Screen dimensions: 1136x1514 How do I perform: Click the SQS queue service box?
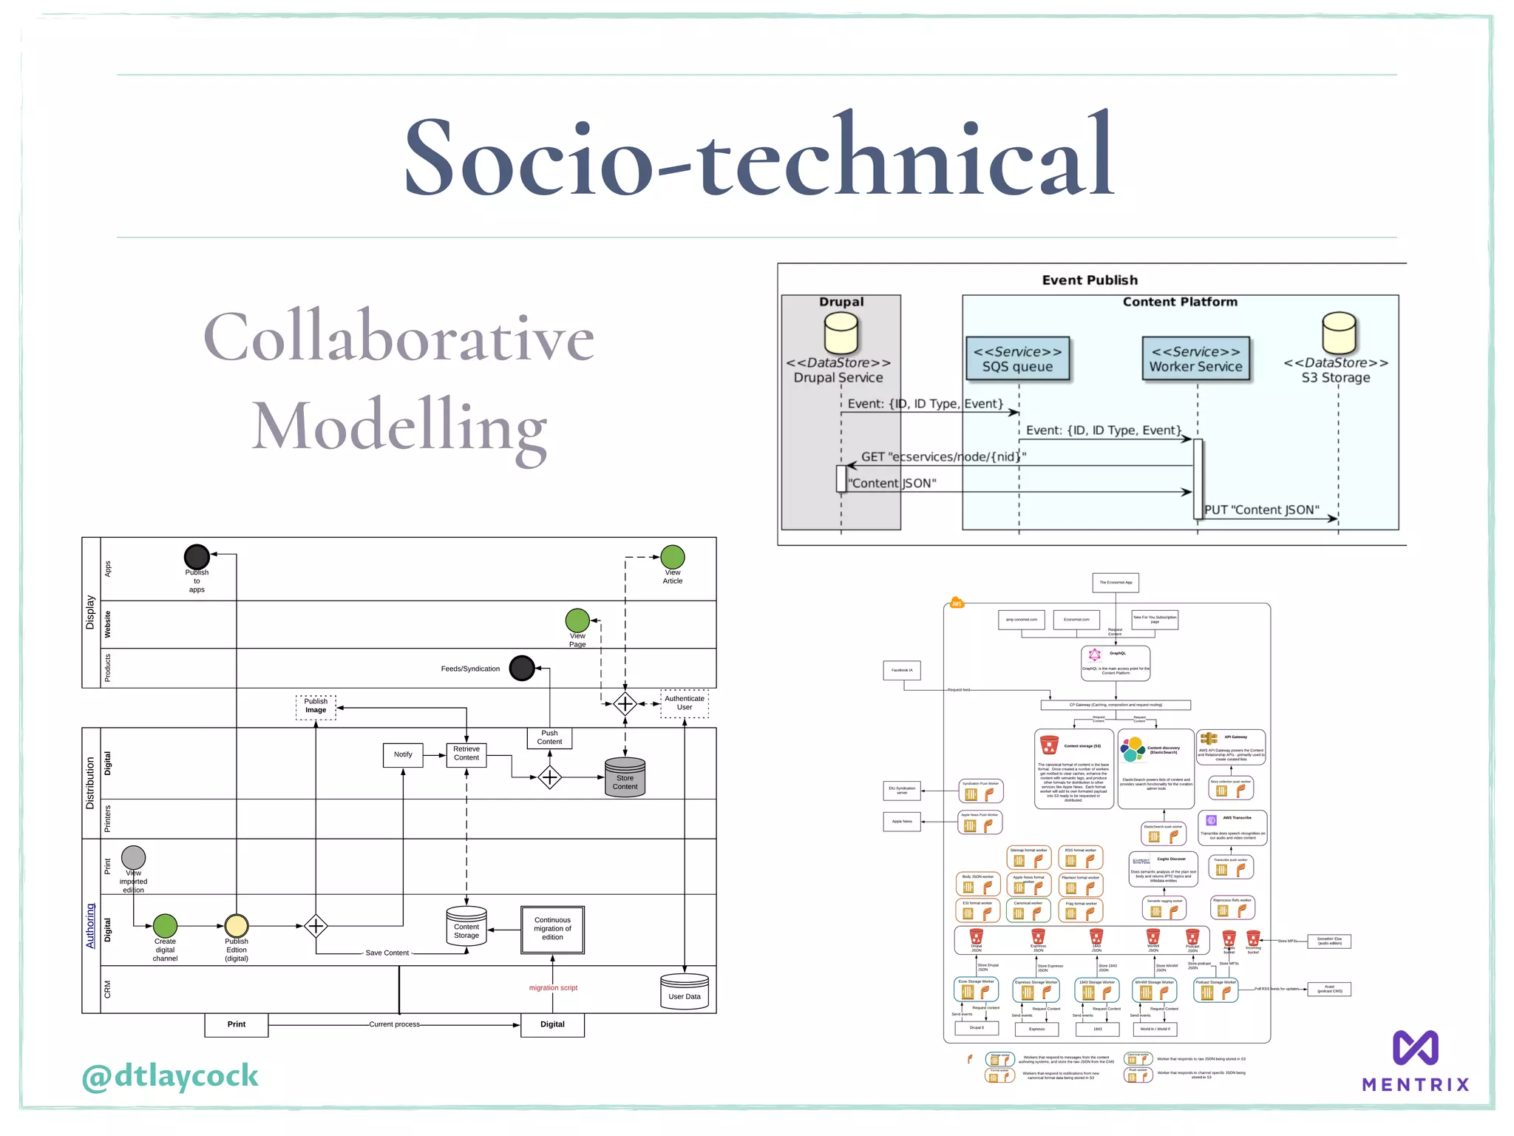1017,359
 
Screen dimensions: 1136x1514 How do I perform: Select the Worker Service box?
1195,359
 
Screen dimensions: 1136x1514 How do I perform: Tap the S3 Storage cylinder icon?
1338,332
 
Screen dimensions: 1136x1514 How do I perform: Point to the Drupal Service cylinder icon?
841,332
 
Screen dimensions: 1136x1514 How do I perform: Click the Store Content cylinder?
625,777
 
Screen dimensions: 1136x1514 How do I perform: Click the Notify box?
403,755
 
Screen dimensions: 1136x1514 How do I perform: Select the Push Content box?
549,737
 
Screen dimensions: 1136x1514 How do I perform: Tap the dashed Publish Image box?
316,706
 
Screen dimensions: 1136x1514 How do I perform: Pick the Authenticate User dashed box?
685,703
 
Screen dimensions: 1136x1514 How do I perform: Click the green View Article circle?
672,557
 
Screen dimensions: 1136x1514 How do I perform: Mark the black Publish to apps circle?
197,557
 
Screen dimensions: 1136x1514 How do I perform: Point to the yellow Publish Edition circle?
237,925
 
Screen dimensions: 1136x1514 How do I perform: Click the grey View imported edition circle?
133,858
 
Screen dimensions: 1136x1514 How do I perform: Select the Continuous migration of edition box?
552,929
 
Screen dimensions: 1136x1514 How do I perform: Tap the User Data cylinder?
685,992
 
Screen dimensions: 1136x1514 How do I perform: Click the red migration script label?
553,988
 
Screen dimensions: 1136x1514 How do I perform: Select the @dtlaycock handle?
170,1076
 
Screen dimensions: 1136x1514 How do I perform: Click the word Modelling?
399,427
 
